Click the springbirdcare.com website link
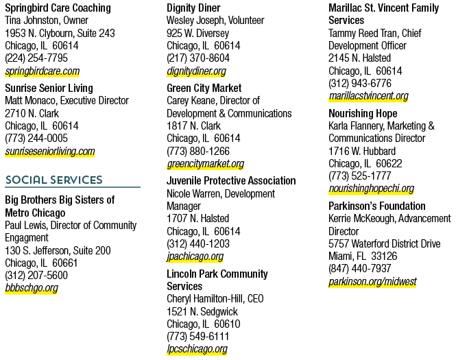pyautogui.click(x=43, y=71)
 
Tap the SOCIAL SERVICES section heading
pyautogui.click(x=54, y=180)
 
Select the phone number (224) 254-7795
pyautogui.click(x=36, y=58)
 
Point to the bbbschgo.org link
pyautogui.click(x=32, y=287)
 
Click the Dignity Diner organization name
pyautogui.click(x=193, y=8)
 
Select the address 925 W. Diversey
pyautogui.click(x=197, y=33)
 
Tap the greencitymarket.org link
pyautogui.click(x=205, y=164)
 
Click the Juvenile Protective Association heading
pyautogui.click(x=231, y=180)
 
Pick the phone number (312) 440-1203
pyautogui.click(x=198, y=243)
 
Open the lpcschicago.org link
pyautogui.click(x=197, y=349)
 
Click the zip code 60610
pyautogui.click(x=228, y=324)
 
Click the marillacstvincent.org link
pyautogui.click(x=368, y=96)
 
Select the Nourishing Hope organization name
pyautogui.click(x=363, y=114)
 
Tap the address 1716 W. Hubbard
pyautogui.click(x=362, y=152)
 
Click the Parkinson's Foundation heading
pyautogui.click(x=377, y=206)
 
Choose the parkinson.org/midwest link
pyautogui.click(x=372, y=282)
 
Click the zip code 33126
pyautogui.click(x=384, y=256)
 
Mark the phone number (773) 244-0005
pyautogui.click(x=36, y=139)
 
